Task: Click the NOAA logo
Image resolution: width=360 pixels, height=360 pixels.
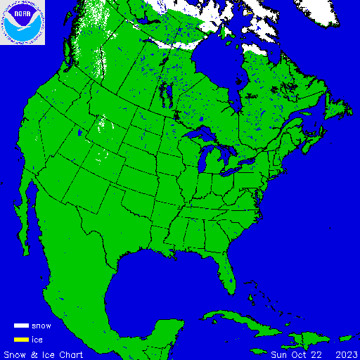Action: [x=22, y=22]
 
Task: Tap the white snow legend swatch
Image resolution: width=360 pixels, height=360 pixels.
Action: [x=21, y=326]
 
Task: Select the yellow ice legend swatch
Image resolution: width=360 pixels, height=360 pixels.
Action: [x=21, y=340]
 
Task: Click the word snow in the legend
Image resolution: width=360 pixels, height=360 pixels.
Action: [x=41, y=326]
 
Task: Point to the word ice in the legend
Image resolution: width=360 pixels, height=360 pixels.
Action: [x=37, y=340]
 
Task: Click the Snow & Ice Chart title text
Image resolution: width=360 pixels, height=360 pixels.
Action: [x=44, y=354]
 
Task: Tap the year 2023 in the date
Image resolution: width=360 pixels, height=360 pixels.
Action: [x=347, y=354]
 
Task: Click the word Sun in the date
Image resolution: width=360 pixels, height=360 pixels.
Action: [x=280, y=354]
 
